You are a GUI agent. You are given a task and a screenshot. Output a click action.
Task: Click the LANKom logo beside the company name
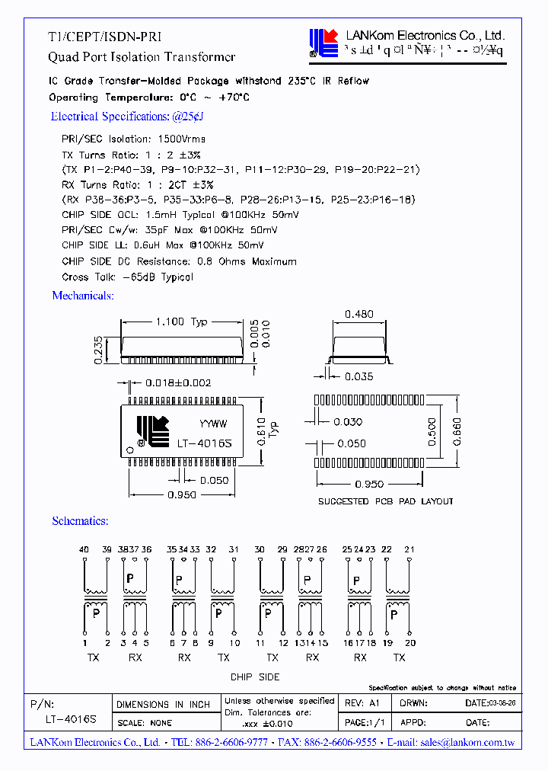pyautogui.click(x=322, y=43)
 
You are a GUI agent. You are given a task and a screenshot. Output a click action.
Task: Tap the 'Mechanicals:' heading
pyautogui.click(x=83, y=296)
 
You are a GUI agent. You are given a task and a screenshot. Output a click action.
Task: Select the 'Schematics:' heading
pyautogui.click(x=80, y=521)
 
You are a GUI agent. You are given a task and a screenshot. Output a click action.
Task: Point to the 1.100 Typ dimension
pyautogui.click(x=181, y=322)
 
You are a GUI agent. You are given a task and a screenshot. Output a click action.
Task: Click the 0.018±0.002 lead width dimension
pyautogui.click(x=179, y=383)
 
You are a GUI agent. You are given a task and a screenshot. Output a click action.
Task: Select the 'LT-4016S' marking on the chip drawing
pyautogui.click(x=204, y=443)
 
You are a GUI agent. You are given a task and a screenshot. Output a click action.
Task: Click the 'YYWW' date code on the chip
pyautogui.click(x=212, y=424)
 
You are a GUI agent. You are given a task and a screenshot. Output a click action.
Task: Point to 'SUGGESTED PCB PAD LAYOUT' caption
pyautogui.click(x=385, y=501)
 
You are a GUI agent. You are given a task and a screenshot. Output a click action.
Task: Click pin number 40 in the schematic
pyautogui.click(x=84, y=549)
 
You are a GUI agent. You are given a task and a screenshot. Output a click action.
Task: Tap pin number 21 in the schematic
pyautogui.click(x=410, y=549)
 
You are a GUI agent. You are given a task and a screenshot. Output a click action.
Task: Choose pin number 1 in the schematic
pyautogui.click(x=85, y=643)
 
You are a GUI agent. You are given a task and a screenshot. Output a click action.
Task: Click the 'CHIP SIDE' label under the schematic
pyautogui.click(x=255, y=677)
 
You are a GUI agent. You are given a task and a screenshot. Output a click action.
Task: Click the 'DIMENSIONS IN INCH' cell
pyautogui.click(x=162, y=705)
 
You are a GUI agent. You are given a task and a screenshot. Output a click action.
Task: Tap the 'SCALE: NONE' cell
pyautogui.click(x=145, y=723)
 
